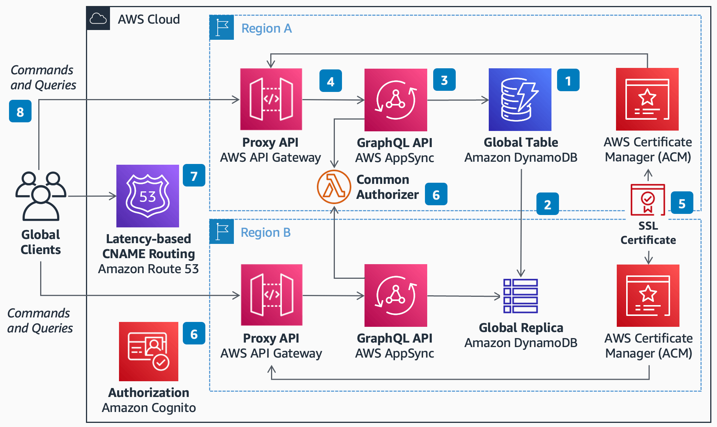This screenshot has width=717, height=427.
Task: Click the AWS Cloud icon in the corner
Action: (98, 18)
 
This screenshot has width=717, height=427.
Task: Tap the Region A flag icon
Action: (222, 28)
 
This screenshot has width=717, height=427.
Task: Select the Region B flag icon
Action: (222, 232)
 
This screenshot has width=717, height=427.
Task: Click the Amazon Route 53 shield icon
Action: (148, 196)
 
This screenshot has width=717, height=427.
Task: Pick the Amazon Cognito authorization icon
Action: (149, 351)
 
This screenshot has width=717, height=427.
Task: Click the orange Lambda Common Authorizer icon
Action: (334, 187)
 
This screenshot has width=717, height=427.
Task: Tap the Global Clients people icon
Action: (41, 196)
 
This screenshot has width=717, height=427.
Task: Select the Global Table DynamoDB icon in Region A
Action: (520, 99)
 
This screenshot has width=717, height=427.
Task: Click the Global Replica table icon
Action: (521, 296)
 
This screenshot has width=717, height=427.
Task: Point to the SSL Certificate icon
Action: (648, 200)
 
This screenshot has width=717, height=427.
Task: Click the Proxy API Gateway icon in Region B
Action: (271, 295)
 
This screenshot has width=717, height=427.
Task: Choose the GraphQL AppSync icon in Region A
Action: (396, 100)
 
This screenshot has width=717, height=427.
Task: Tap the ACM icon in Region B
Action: (648, 296)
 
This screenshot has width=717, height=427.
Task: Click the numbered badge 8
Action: (20, 111)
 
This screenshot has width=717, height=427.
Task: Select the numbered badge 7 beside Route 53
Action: (194, 176)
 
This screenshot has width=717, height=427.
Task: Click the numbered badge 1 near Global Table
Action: (568, 80)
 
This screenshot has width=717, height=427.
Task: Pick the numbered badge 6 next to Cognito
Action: (194, 334)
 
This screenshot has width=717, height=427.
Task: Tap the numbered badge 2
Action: (547, 204)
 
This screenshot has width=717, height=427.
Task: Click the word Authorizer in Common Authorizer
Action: (387, 195)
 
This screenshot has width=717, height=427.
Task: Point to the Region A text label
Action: (266, 29)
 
